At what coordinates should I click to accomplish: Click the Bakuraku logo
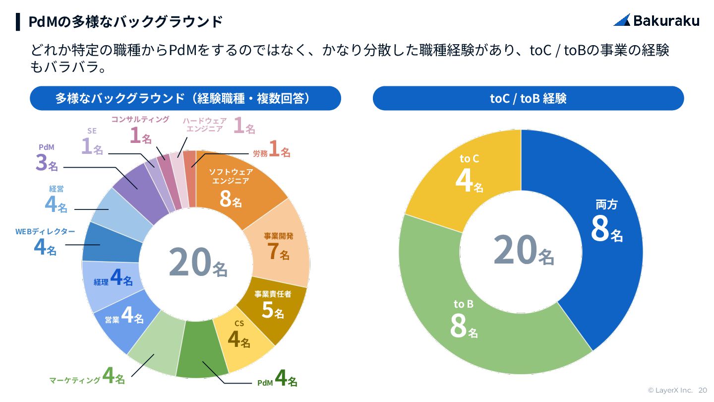pos(656,20)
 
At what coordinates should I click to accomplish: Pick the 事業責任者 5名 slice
pos(273,305)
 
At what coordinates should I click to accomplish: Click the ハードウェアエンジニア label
pos(204,125)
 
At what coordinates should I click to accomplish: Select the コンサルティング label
pos(140,120)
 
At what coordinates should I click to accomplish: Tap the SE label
pos(92,131)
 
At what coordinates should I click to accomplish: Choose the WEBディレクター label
pos(45,232)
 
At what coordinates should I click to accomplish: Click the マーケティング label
pos(74,381)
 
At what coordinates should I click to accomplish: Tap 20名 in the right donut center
pos(523,251)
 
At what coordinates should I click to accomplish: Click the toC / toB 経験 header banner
pos(528,98)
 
